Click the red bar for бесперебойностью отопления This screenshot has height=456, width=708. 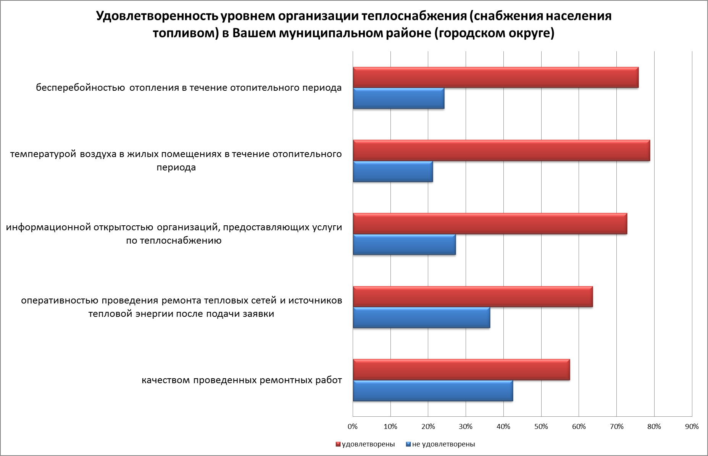[495, 77]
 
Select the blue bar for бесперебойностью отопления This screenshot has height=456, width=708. [398, 98]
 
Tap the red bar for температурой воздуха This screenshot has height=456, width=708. [501, 151]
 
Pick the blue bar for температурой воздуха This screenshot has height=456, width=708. [393, 172]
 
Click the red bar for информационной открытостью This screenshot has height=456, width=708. [490, 224]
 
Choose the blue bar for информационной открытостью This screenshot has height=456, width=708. [404, 245]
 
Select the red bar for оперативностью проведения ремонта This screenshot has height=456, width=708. [473, 297]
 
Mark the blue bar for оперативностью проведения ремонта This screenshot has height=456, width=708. [421, 318]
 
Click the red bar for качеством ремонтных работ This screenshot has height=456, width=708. [461, 370]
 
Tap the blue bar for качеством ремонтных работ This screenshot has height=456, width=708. [433, 391]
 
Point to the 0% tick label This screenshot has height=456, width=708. [353, 427]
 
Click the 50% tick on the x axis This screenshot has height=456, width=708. [541, 427]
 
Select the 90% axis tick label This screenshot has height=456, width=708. [692, 427]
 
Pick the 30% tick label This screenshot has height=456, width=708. [466, 427]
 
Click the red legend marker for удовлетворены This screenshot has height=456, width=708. [338, 444]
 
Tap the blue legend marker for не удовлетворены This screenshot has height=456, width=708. [408, 444]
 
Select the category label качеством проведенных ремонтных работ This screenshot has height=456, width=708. [242, 381]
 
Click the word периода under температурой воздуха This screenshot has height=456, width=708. [176, 167]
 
